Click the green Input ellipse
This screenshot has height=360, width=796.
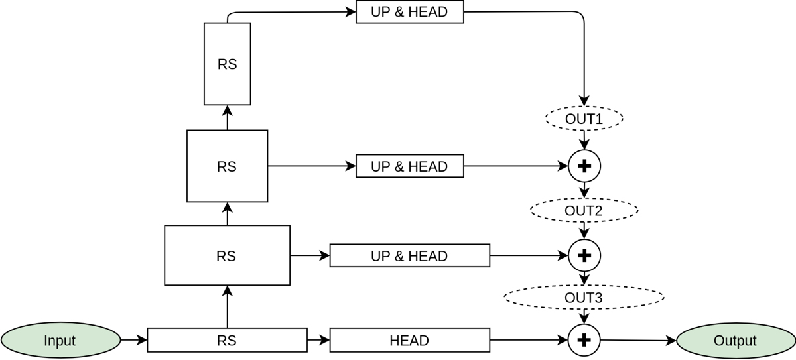coord(60,341)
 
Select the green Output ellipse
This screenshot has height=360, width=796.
coord(735,341)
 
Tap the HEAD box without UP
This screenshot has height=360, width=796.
coord(409,341)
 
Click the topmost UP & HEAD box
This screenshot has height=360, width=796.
coord(409,12)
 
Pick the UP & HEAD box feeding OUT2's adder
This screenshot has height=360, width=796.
coord(409,166)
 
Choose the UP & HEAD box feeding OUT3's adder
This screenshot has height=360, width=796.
coord(409,255)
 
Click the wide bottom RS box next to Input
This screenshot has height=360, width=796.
coord(227,341)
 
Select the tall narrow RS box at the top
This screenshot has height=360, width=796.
coord(227,64)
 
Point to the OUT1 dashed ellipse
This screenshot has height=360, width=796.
coord(584,119)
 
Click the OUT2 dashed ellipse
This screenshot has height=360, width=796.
coord(584,211)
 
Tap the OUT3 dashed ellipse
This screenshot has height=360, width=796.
coord(584,298)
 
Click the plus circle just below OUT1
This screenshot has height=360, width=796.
coord(584,166)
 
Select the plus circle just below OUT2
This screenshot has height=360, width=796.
coord(584,255)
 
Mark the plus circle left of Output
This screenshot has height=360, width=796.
coord(584,341)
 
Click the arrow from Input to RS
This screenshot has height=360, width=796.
coord(133,341)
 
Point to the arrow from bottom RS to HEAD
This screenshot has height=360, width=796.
coord(318,341)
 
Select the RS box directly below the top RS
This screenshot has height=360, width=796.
coord(227,166)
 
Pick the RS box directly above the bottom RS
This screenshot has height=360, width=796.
coord(227,255)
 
